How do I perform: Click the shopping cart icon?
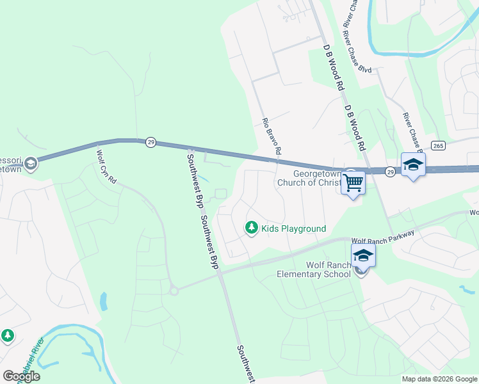353,183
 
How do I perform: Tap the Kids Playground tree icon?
252,228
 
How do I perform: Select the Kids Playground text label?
294,228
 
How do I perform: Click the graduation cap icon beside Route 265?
413,164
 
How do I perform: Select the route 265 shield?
438,146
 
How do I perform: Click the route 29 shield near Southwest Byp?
150,141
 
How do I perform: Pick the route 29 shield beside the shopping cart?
390,171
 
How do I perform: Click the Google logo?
21,376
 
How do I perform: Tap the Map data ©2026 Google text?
439,379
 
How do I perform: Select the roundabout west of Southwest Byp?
174,291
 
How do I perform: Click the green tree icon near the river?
8,335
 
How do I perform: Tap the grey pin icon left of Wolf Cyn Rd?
30,166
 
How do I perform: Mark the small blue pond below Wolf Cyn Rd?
103,300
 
